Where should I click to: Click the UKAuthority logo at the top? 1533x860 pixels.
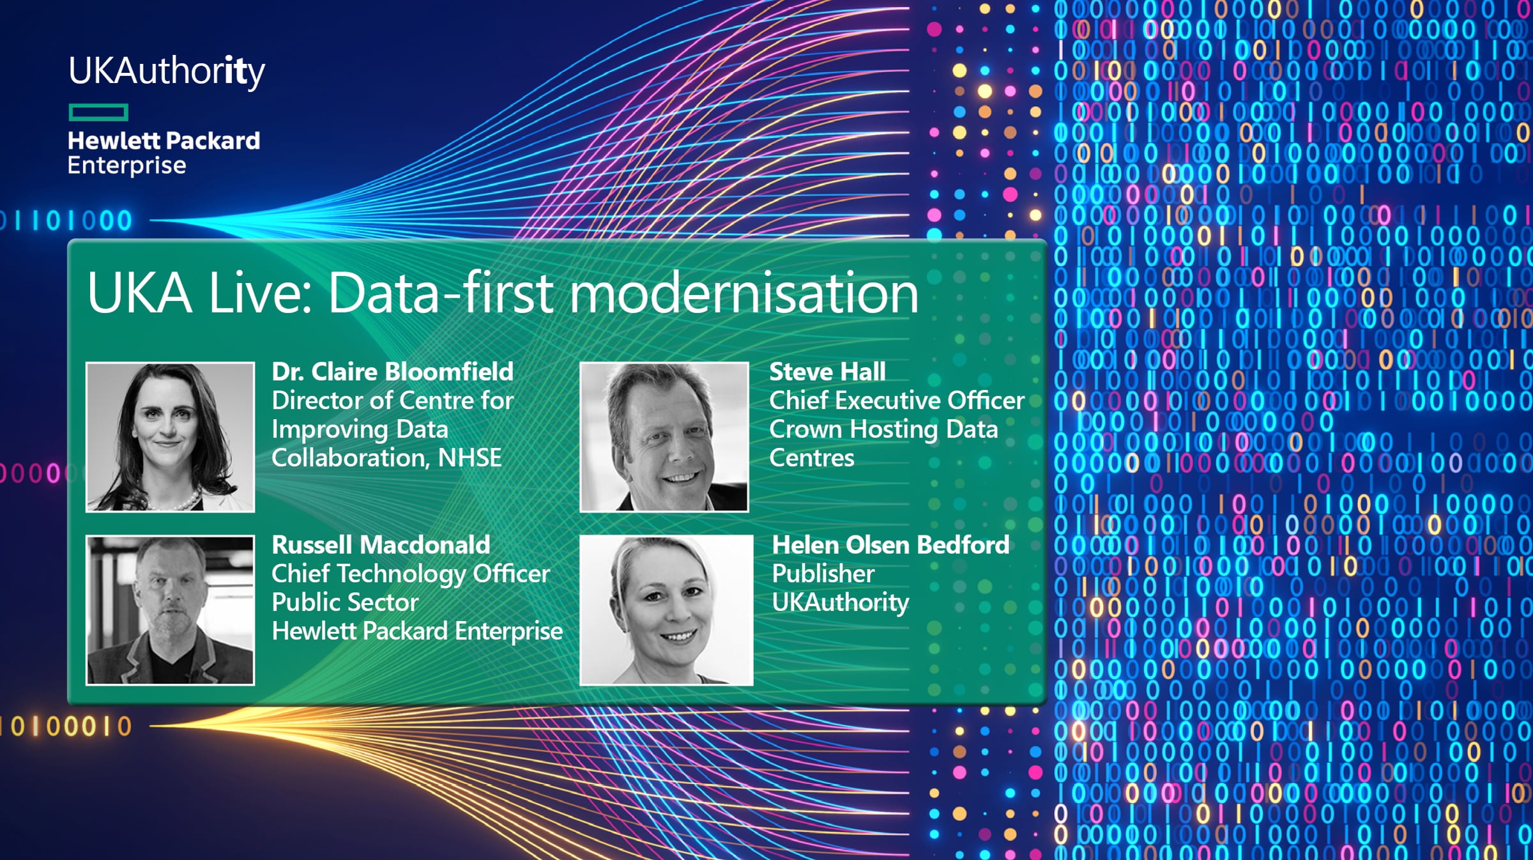tap(167, 72)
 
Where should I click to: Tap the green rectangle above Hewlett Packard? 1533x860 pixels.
tap(98, 112)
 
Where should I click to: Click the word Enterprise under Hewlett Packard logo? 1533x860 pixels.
tap(127, 165)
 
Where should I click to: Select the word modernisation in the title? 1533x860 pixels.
tap(744, 293)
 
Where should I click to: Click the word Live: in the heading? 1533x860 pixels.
tap(261, 293)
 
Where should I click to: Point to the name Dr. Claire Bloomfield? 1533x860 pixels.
tap(393, 372)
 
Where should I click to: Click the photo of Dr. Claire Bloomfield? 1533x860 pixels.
tap(171, 437)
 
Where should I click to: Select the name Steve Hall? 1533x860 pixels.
tap(827, 372)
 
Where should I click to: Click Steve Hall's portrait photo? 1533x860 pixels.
tap(664, 437)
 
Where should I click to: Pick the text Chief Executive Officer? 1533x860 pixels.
tap(897, 401)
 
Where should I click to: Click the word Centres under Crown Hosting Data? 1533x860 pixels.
tap(812, 458)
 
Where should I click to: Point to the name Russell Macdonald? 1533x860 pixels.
tap(381, 545)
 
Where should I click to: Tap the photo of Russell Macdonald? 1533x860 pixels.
tap(171, 610)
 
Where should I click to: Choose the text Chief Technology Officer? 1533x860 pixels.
tap(411, 574)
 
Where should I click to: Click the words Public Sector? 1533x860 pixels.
tap(345, 603)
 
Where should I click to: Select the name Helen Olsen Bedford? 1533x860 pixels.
tap(891, 545)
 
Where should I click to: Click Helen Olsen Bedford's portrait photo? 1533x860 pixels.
tap(666, 610)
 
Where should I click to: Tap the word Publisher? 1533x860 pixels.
tap(823, 574)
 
